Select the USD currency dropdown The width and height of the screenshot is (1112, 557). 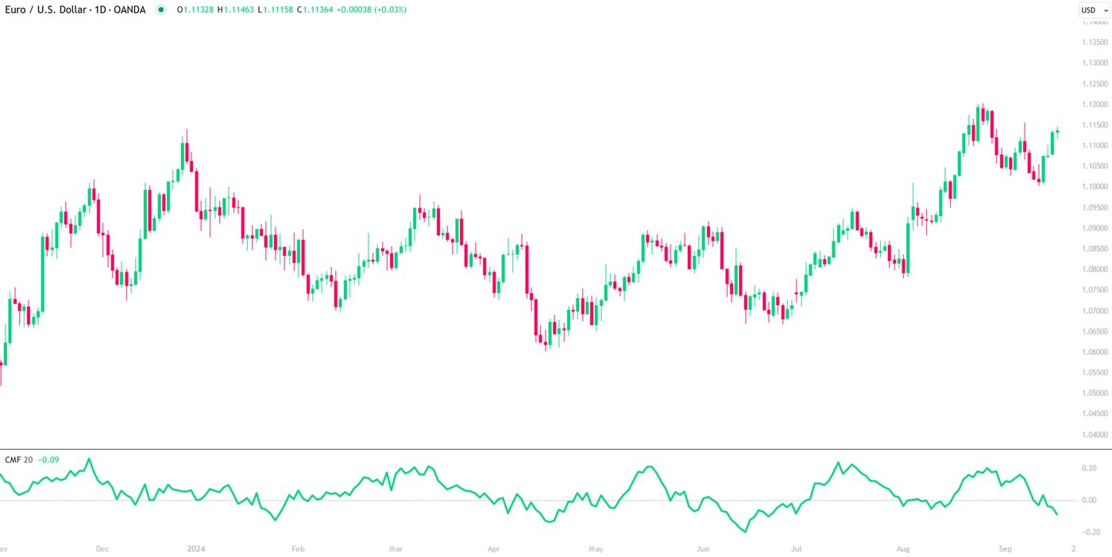tap(1094, 10)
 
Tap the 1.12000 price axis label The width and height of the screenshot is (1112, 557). tap(1095, 104)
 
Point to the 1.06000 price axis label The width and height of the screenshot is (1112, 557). tap(1095, 352)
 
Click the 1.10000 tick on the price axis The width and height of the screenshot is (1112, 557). tap(1095, 187)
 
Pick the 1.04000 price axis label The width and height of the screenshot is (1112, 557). tap(1095, 435)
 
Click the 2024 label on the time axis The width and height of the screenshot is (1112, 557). tap(195, 548)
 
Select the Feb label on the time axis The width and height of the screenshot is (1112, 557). tap(298, 548)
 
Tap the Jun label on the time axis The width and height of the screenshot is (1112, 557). tap(702, 548)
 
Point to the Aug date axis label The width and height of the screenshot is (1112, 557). tap(903, 548)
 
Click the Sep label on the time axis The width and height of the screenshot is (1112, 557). tap(1006, 548)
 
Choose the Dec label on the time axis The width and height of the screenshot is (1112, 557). tap(102, 548)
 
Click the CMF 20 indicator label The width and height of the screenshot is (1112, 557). tap(18, 460)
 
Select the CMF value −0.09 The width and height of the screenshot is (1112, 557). tap(48, 460)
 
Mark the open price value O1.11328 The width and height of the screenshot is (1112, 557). tap(195, 10)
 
